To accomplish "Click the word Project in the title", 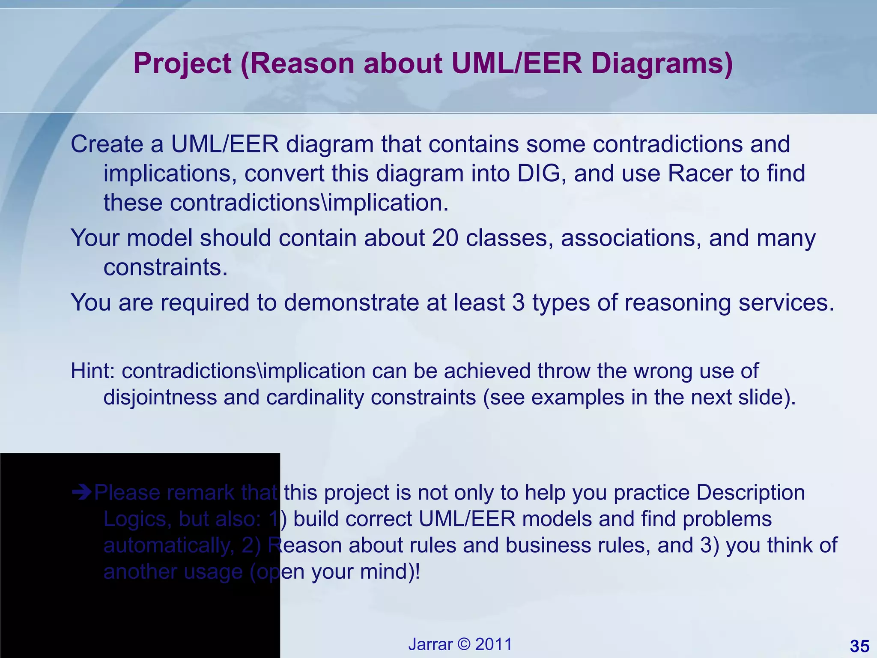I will point(182,64).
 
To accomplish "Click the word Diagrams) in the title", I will point(662,64).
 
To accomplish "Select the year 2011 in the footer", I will point(494,644).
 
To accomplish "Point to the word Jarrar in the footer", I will point(430,644).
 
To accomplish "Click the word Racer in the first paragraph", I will point(700,173).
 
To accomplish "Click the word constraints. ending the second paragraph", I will point(165,267).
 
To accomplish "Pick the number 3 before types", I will point(518,302).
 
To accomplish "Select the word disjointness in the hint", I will point(160,398).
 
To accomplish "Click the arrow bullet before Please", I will point(81,493).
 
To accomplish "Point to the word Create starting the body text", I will point(107,144).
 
